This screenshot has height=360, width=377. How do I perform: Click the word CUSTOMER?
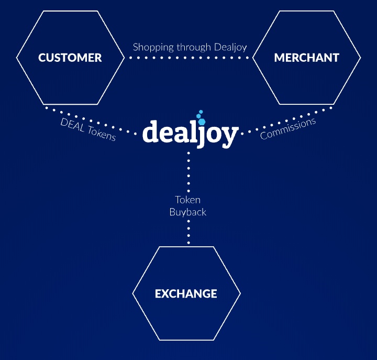click(70, 58)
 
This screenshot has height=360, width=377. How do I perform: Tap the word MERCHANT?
click(306, 58)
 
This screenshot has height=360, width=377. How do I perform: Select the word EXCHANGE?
click(186, 294)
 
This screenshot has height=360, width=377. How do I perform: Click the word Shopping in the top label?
click(153, 47)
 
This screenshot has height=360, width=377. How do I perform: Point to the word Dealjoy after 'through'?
click(230, 47)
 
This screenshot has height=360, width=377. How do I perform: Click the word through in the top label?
click(194, 47)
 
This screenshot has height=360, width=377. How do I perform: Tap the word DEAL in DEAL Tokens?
click(72, 125)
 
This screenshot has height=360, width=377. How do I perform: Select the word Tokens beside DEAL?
click(102, 134)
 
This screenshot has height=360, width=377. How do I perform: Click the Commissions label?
click(288, 128)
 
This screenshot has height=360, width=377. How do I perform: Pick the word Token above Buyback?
click(187, 200)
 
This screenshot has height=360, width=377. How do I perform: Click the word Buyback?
click(188, 212)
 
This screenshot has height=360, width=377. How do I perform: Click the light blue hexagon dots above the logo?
click(201, 117)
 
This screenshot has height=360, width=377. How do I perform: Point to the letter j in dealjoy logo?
click(202, 134)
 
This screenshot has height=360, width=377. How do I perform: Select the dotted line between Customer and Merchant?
click(188, 58)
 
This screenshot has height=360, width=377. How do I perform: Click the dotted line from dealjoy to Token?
click(188, 172)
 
